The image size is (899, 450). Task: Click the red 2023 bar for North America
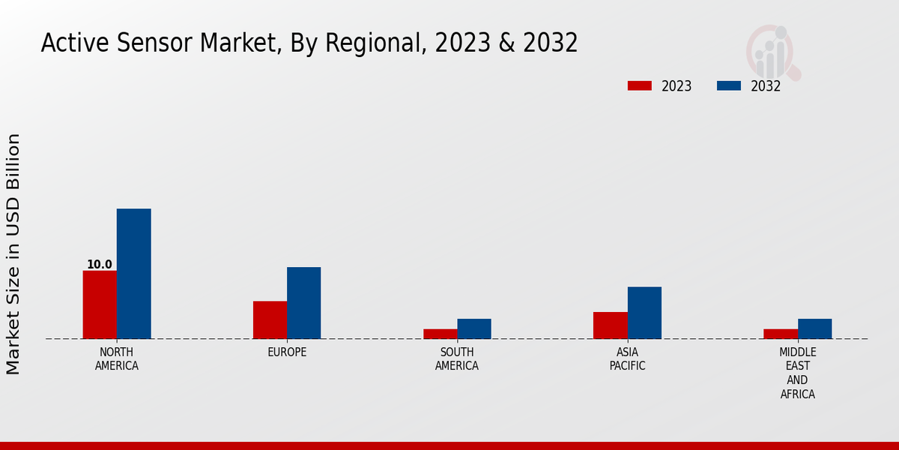[x=100, y=304]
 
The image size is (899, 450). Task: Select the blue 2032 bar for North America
[x=133, y=274]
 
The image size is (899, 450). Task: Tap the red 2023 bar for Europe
[x=270, y=319]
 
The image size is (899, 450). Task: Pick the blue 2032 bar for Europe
[x=303, y=303]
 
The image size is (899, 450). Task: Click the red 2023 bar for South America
[x=440, y=334]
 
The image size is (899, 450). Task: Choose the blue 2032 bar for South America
[x=473, y=328]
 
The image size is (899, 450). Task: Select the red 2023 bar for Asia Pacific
[x=610, y=325]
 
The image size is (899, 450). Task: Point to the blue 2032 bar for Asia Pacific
[x=644, y=313]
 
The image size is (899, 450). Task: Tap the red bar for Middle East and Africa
[x=781, y=334]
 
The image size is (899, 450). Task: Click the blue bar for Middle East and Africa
[x=814, y=328]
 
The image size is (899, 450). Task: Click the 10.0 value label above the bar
[x=100, y=265]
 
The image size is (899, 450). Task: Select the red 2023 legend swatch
[x=639, y=85]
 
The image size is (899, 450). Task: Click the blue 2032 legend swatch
[x=728, y=85]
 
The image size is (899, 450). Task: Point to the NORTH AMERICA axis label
[x=116, y=359]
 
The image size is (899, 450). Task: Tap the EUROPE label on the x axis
[x=287, y=352]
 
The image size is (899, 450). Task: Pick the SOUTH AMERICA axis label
[x=457, y=359]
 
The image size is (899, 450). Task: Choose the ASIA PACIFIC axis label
[x=627, y=359]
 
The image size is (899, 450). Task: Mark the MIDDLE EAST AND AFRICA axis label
[x=797, y=373]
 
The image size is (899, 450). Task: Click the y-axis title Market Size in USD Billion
[x=13, y=253]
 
